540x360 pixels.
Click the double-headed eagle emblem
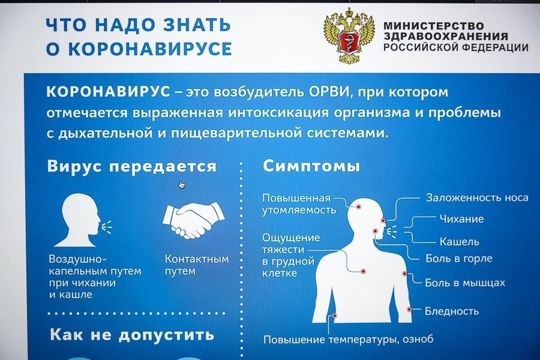coord(349,37)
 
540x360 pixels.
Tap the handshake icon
coord(193,220)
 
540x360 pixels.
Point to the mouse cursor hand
coord(181,185)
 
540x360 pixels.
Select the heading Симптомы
coord(311,166)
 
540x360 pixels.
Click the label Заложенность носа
coord(476,197)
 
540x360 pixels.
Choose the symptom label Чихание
coord(461,219)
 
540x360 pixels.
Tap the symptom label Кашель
coord(459,241)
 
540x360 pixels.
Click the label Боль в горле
coord(458,259)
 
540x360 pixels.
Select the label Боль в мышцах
coord(465,283)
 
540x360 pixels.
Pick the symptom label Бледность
coord(451,311)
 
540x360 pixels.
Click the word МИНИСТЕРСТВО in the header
coord(434,26)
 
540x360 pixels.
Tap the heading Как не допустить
coord(131,335)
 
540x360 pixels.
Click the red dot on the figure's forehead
coord(358,206)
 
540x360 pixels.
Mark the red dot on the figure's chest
coord(363,271)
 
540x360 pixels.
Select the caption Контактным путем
coord(197,265)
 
